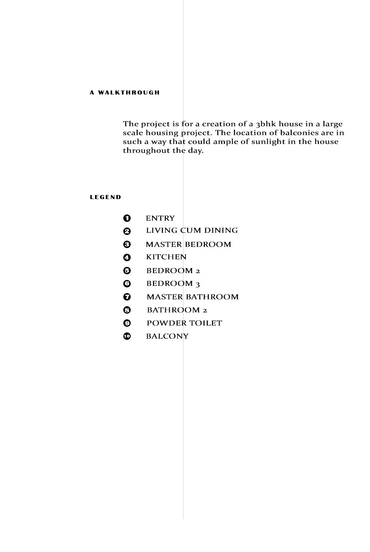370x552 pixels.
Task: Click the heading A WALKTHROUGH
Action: (125, 92)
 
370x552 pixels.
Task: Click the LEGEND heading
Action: (106, 197)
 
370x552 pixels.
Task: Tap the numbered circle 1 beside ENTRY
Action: (127, 218)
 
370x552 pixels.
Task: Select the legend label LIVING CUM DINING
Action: (192, 230)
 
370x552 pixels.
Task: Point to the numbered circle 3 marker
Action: (127, 244)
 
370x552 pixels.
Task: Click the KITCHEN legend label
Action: (166, 257)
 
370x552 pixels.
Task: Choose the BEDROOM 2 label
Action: (173, 271)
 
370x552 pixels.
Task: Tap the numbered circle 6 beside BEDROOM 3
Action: (127, 284)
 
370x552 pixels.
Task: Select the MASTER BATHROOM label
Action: (192, 297)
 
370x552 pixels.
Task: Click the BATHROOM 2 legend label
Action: (177, 310)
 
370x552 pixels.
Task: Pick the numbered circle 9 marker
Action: (127, 323)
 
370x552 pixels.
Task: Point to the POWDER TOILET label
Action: (184, 323)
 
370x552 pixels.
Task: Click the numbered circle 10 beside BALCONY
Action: (127, 336)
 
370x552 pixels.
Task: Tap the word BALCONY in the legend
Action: (167, 336)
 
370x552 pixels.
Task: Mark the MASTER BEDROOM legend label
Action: (188, 245)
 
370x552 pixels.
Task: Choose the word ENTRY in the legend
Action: (160, 218)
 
